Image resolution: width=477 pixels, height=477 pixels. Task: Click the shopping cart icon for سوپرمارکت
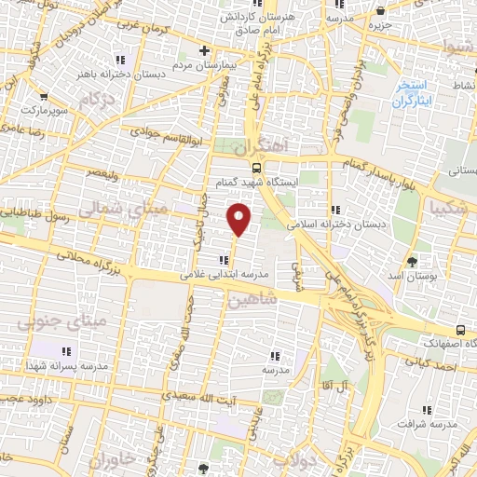point(44,95)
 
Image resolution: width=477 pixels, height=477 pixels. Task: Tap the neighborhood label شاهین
point(248,301)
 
